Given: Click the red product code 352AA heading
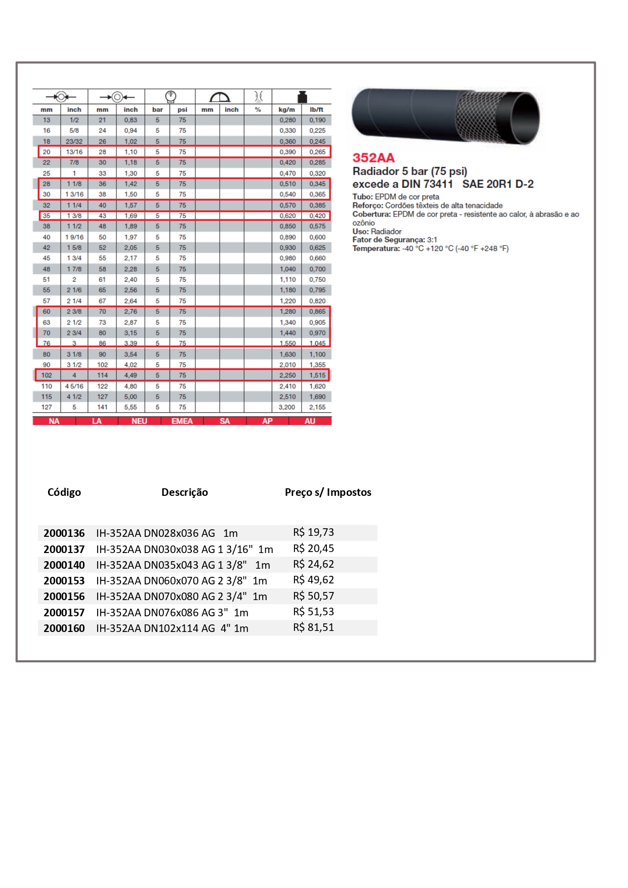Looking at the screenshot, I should pyautogui.click(x=373, y=158).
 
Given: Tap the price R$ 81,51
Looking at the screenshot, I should pyautogui.click(x=313, y=627).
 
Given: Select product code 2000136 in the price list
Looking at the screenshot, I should pyautogui.click(x=64, y=533).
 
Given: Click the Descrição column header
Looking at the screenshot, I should pyautogui.click(x=184, y=492).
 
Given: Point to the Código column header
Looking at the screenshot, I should pyautogui.click(x=64, y=492).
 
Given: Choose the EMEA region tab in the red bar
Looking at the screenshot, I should pyautogui.click(x=182, y=421).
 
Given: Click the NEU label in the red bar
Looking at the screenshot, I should pyautogui.click(x=139, y=421).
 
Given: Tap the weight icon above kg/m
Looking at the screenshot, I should pyautogui.click(x=302, y=97).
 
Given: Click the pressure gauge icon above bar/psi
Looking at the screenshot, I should pyautogui.click(x=171, y=96).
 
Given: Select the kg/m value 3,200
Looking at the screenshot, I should pyautogui.click(x=287, y=407).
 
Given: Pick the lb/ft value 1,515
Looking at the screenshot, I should pyautogui.click(x=317, y=375).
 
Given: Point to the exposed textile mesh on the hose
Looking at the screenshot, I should pyautogui.click(x=481, y=117).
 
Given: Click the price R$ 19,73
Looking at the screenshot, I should pyautogui.click(x=313, y=532).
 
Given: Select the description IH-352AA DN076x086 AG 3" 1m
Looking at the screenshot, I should pyautogui.click(x=172, y=612).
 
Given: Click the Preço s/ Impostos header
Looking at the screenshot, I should pyautogui.click(x=328, y=492).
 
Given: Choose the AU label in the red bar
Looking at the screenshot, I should pyautogui.click(x=310, y=421).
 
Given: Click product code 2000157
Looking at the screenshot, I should pyautogui.click(x=64, y=612).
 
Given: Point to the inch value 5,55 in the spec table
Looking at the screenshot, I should pyautogui.click(x=131, y=407).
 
